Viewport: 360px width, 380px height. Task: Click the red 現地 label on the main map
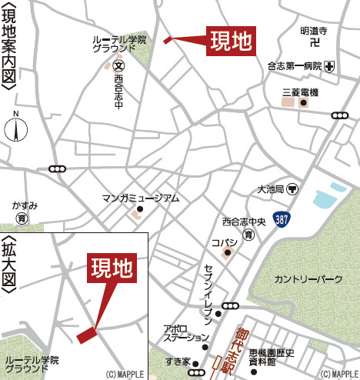(x=231, y=42)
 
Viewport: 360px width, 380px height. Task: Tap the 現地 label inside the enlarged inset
(x=112, y=268)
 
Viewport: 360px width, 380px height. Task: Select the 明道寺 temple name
(x=314, y=31)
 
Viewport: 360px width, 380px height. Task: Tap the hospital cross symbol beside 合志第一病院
(x=329, y=67)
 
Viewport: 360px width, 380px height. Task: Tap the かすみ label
(x=25, y=205)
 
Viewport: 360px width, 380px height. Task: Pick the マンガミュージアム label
(x=140, y=198)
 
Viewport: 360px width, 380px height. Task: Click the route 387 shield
(x=283, y=220)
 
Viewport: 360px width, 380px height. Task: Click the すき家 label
(x=177, y=361)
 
